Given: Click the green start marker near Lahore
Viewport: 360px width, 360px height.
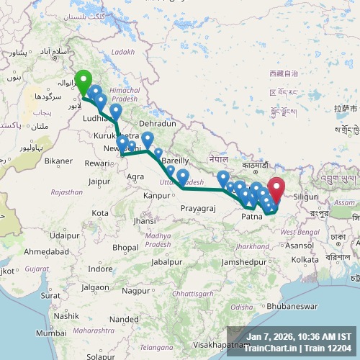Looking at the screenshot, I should [83, 82].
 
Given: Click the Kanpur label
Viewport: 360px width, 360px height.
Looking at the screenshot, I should [156, 195].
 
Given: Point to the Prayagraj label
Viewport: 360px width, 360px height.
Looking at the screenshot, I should [197, 208].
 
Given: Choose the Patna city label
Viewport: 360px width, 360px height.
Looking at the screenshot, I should [251, 215].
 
